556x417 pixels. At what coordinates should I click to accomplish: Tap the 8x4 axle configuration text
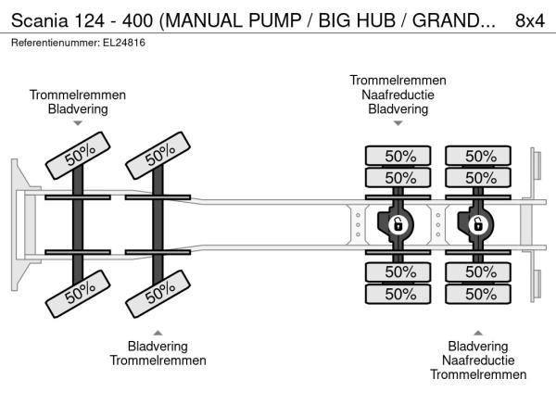[529, 20]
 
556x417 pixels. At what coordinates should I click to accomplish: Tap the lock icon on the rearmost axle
[479, 224]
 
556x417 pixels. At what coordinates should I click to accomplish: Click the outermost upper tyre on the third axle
[399, 156]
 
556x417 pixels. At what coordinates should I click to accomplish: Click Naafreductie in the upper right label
[398, 95]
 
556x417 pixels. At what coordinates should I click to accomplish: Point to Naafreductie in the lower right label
[477, 360]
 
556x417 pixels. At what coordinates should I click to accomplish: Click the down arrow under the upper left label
[78, 123]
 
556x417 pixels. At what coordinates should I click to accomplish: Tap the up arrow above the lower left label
[158, 332]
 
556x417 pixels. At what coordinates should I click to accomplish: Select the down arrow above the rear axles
[398, 123]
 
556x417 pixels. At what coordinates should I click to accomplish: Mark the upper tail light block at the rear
[535, 166]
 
